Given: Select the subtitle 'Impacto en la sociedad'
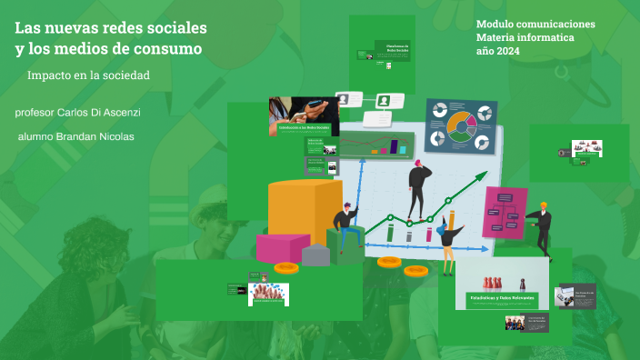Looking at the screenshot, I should (x=88, y=75).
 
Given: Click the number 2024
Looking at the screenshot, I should (x=522, y=52).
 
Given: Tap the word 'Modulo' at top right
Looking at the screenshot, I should (x=496, y=24).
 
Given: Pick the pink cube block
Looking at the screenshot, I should (x=282, y=246).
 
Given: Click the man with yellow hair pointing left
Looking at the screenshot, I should (x=541, y=227).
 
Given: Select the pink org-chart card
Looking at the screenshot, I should (x=505, y=212).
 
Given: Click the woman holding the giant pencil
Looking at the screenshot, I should (x=446, y=238).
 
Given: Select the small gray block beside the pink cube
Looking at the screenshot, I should (x=315, y=255).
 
